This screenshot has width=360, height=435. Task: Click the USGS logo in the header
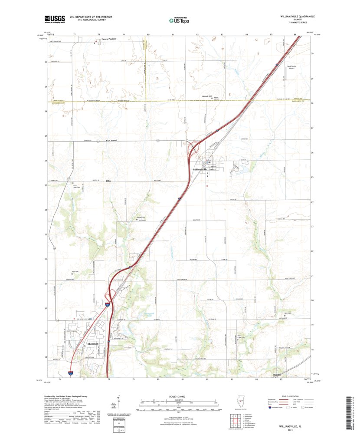[54, 19]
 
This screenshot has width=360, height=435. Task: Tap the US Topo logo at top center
[179, 19]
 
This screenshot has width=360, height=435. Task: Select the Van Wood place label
[111, 141]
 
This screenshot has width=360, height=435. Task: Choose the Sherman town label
[93, 344]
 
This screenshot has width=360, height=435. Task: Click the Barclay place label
[278, 374]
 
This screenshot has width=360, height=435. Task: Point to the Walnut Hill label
[206, 96]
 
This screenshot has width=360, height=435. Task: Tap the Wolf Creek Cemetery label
[240, 335]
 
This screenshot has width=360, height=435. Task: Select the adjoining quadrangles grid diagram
[237, 421]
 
